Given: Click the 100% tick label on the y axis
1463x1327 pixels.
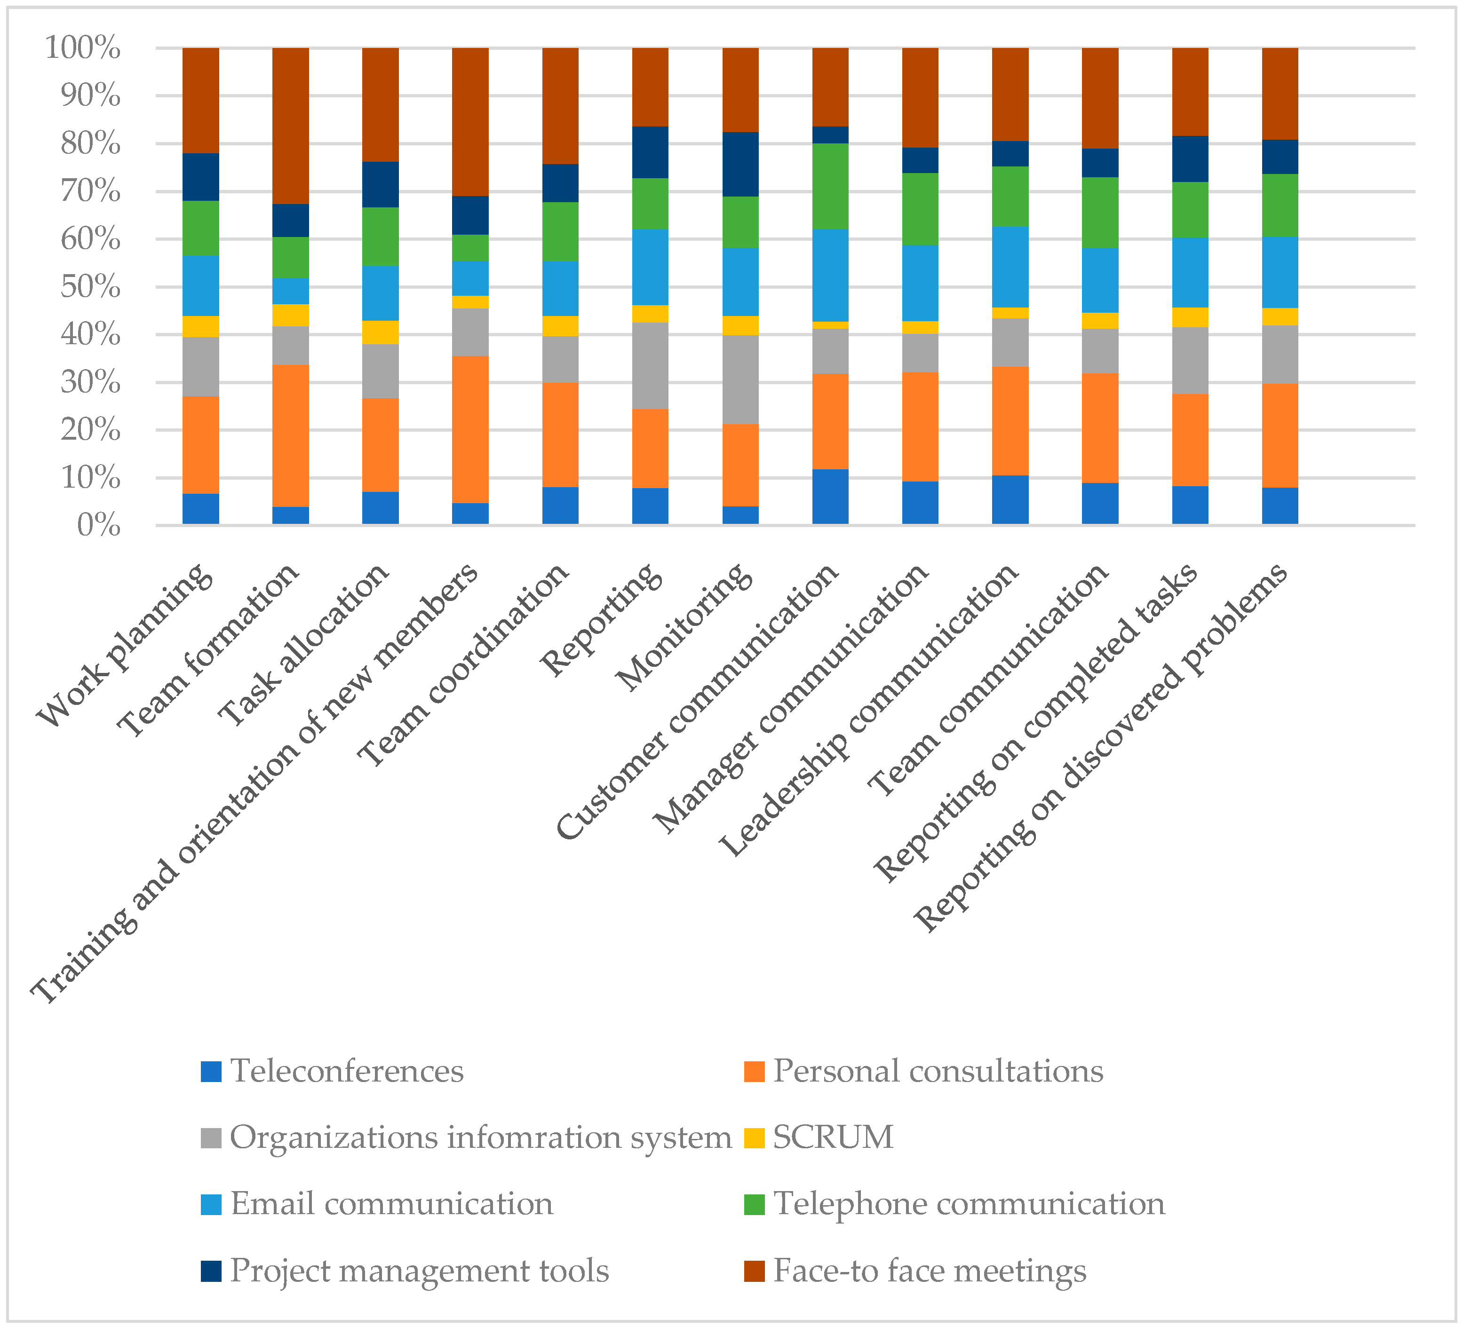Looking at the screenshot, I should tap(82, 48).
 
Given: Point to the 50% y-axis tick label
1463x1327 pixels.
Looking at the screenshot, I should tap(89, 287).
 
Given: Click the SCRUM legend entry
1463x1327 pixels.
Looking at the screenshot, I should tap(832, 1137).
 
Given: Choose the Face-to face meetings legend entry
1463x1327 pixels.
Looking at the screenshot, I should tap(929, 1271).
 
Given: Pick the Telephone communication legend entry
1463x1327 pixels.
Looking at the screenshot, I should tap(968, 1204).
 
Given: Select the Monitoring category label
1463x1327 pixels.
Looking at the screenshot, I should tap(684, 626).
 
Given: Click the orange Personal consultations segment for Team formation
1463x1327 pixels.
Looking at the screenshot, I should tap(290, 435).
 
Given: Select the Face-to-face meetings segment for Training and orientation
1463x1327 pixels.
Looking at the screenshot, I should tap(470, 122).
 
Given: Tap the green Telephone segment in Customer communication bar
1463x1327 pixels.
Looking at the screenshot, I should tap(830, 186).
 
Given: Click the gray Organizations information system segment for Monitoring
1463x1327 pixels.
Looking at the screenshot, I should tap(740, 379).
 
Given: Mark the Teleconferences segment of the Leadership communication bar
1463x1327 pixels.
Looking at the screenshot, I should tap(1010, 499).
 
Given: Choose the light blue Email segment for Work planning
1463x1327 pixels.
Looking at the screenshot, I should tap(200, 286).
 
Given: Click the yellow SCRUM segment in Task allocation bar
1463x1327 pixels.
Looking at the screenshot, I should tap(380, 332).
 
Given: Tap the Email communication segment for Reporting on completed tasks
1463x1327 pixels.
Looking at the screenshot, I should tap(1190, 272).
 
